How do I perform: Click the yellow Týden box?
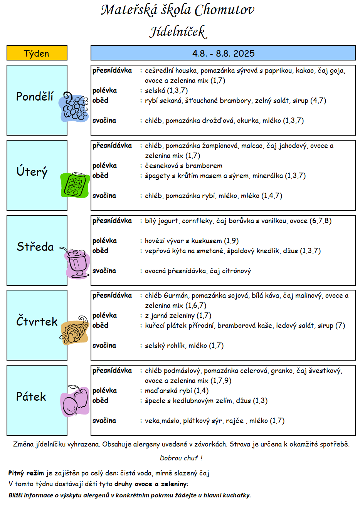click(x=37, y=53)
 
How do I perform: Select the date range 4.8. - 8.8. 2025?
click(x=223, y=54)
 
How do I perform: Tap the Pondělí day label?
click(x=35, y=96)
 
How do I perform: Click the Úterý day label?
click(x=32, y=171)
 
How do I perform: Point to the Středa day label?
click(x=35, y=247)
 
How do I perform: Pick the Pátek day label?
click(x=31, y=396)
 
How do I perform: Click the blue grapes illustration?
click(x=74, y=107)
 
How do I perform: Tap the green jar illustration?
click(x=75, y=185)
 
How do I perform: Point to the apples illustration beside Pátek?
click(x=75, y=401)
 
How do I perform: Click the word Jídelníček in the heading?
click(x=178, y=32)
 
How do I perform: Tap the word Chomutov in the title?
click(x=224, y=10)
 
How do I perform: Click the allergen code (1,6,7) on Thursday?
click(x=196, y=306)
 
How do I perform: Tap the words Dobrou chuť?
click(x=179, y=458)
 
